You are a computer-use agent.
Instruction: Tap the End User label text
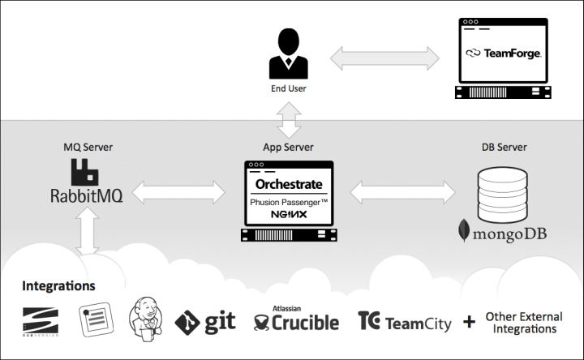[289, 88]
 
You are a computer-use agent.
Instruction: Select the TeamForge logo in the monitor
[504, 54]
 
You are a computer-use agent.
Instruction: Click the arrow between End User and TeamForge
[384, 58]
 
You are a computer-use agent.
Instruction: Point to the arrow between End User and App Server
[289, 120]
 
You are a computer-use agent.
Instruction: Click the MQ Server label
[88, 147]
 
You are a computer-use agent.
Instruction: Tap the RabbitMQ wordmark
[87, 196]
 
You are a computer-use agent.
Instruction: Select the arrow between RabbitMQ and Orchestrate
[178, 192]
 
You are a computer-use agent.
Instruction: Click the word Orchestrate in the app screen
[289, 184]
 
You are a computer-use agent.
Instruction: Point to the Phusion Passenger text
[289, 202]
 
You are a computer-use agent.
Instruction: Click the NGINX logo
[289, 214]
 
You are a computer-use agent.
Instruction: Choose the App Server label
[288, 147]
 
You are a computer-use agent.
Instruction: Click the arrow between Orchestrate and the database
[402, 192]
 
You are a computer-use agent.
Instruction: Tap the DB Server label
[505, 147]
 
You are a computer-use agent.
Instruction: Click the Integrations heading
[58, 286]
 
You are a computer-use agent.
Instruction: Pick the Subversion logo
[41, 322]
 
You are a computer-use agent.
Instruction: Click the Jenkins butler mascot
[146, 319]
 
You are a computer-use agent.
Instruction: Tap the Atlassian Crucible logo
[297, 319]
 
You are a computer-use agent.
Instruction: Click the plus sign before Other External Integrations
[470, 322]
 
